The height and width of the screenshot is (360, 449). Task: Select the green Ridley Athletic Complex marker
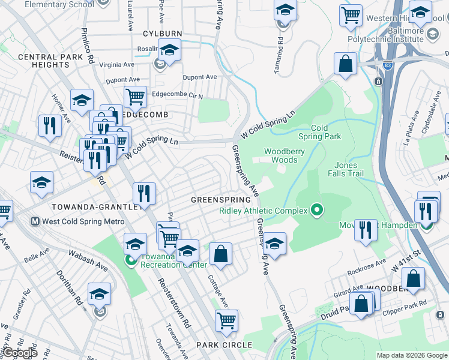316,211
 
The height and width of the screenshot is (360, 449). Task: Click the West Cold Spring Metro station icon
35,221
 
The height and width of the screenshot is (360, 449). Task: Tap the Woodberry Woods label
281,156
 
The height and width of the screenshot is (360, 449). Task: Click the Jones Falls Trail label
346,169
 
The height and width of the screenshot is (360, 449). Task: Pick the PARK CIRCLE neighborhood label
224,344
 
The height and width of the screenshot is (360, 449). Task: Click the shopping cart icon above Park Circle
226,322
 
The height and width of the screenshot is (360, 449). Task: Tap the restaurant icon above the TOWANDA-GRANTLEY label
144,194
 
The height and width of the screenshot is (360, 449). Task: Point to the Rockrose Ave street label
367,264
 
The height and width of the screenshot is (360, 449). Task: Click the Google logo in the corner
20,353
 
